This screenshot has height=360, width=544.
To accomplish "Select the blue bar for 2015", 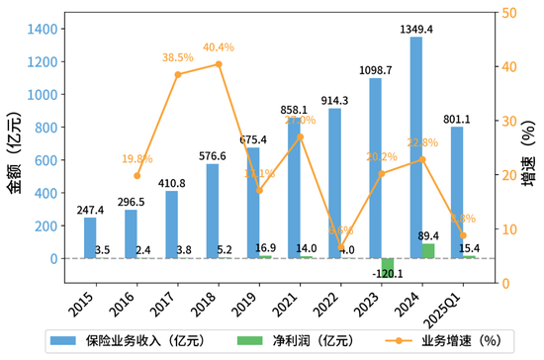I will (x=90, y=238).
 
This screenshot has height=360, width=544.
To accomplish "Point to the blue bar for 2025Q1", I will (x=457, y=193).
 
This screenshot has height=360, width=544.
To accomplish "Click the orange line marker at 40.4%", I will (x=219, y=64).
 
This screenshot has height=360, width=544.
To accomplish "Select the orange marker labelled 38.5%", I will (x=178, y=74).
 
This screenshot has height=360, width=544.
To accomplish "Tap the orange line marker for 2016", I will (x=137, y=176).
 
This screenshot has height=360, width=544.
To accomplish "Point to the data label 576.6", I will (x=213, y=155).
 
